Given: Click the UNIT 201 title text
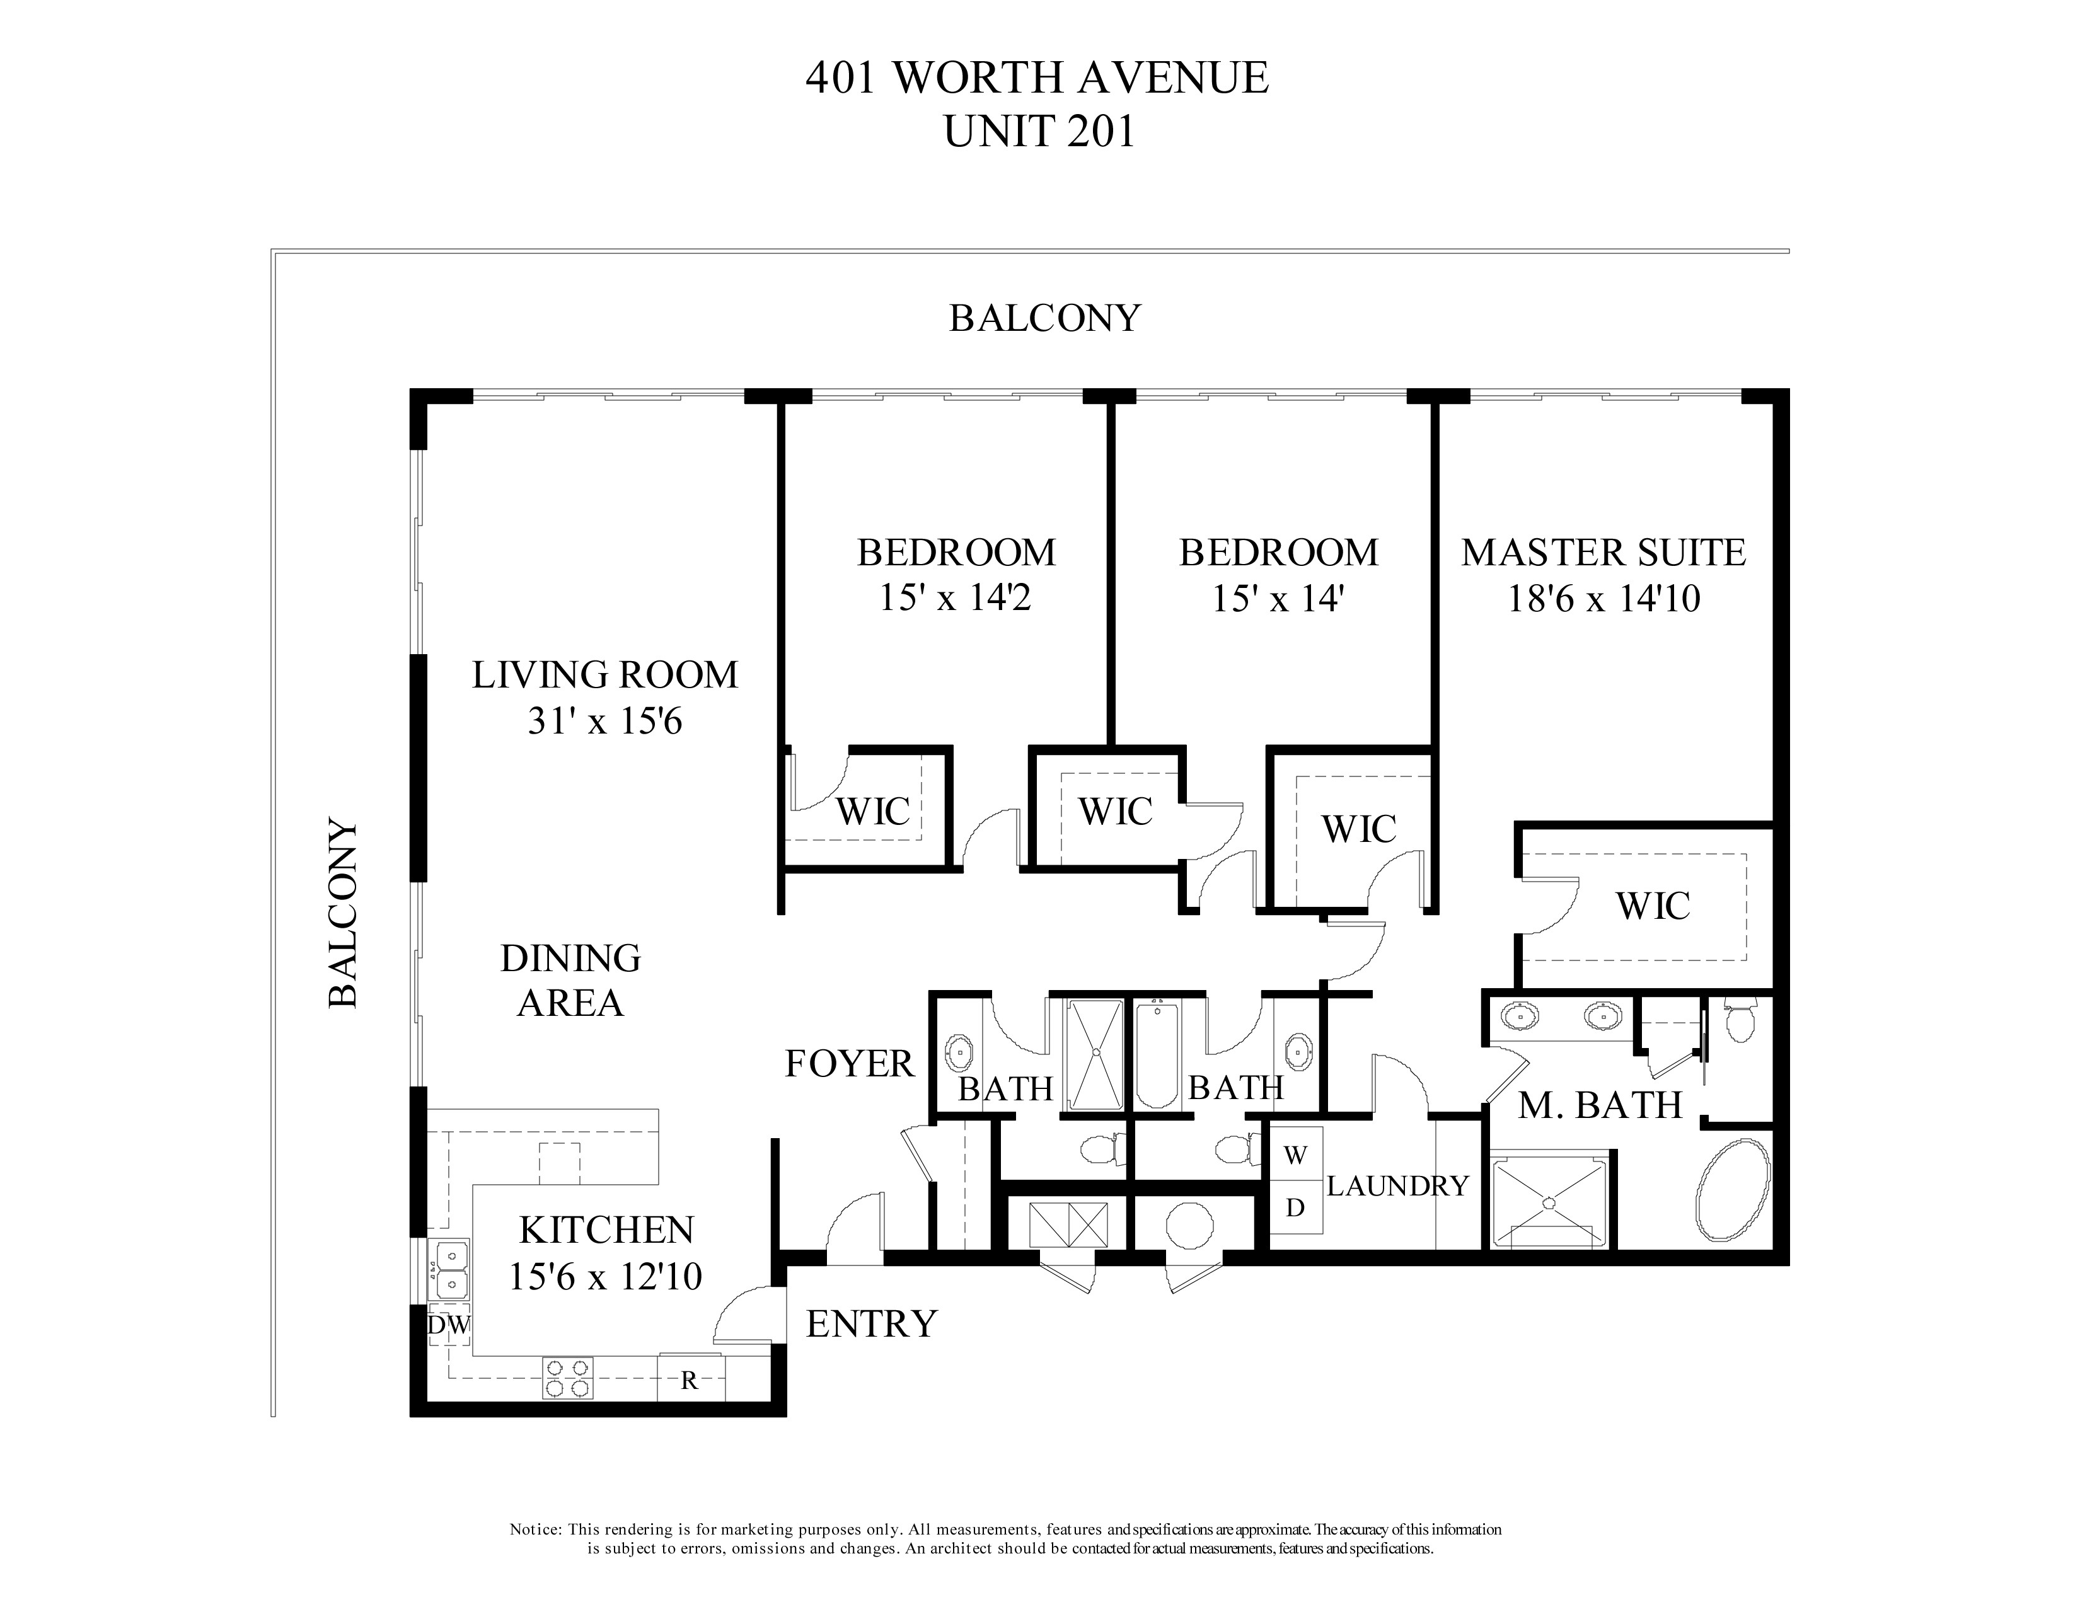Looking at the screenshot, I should [1038, 131].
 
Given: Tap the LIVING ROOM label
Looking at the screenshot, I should [604, 675].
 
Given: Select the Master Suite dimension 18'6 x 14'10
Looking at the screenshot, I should [1604, 599].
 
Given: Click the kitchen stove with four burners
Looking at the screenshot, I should [568, 1378].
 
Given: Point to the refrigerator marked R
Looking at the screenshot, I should [690, 1379].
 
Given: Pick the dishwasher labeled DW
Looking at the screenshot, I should [448, 1325].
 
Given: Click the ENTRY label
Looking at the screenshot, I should [872, 1323].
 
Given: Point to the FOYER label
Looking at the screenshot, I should [848, 1063].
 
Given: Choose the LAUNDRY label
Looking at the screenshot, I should [1397, 1185].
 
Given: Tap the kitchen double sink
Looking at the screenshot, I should [451, 1270].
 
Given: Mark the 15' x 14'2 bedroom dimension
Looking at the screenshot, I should [956, 598].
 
